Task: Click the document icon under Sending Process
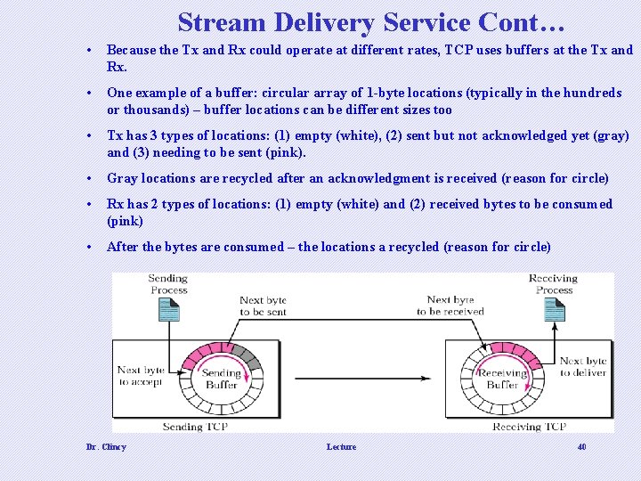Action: (x=167, y=310)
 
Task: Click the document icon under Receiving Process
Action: (x=554, y=310)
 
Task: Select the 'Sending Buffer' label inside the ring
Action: (x=221, y=379)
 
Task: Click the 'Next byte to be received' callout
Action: (x=450, y=306)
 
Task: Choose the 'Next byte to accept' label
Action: (x=140, y=375)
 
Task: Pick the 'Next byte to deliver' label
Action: (x=583, y=367)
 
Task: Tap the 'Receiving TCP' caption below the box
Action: (x=530, y=428)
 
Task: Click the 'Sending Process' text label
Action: (x=168, y=284)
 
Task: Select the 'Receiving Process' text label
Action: (x=554, y=284)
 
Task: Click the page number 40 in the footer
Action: (x=581, y=447)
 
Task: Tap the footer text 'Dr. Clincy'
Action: (x=106, y=447)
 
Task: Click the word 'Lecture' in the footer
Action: (x=341, y=447)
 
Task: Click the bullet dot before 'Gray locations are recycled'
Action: (x=90, y=179)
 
